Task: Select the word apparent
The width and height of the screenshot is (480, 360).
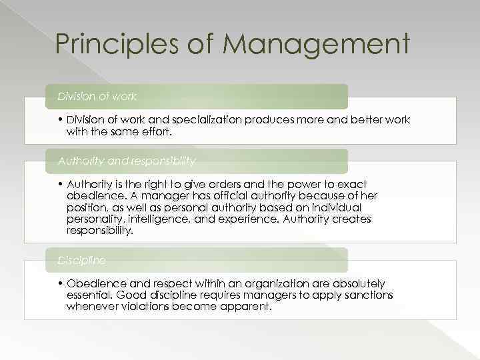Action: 246,307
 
